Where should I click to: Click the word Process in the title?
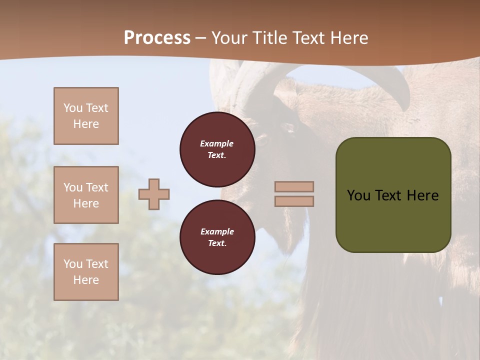pos(157,38)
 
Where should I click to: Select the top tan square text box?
pos(86,116)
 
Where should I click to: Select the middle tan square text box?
pos(86,195)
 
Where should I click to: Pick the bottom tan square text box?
pos(86,272)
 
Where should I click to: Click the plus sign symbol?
pos(154,194)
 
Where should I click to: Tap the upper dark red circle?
pos(217,149)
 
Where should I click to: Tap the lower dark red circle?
pos(217,237)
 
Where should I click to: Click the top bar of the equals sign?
pos(294,186)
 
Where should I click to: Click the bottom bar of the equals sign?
pos(294,201)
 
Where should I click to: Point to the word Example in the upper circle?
pos(217,143)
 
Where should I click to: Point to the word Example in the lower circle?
pos(217,231)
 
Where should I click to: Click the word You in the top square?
pos(73,108)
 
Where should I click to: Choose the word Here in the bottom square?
pos(86,280)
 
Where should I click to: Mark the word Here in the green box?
pos(422,195)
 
